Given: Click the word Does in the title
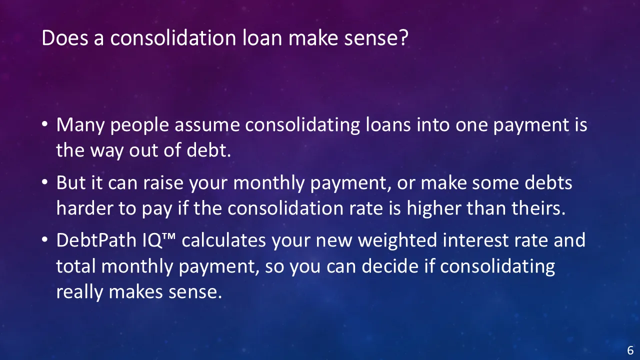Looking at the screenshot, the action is (65, 37).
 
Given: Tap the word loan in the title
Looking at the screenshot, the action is (262, 37).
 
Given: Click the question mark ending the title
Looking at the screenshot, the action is (403, 37).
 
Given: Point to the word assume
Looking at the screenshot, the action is (207, 125).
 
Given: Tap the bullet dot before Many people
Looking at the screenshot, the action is (44, 124).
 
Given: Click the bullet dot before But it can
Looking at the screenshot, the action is (44, 182).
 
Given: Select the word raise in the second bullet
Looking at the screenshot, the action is (163, 183).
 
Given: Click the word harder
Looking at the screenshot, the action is (84, 208).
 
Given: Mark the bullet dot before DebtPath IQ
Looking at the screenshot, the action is (44, 239).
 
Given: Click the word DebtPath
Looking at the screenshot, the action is (96, 240).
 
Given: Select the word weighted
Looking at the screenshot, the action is (397, 240).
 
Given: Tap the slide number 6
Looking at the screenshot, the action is (630, 350).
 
